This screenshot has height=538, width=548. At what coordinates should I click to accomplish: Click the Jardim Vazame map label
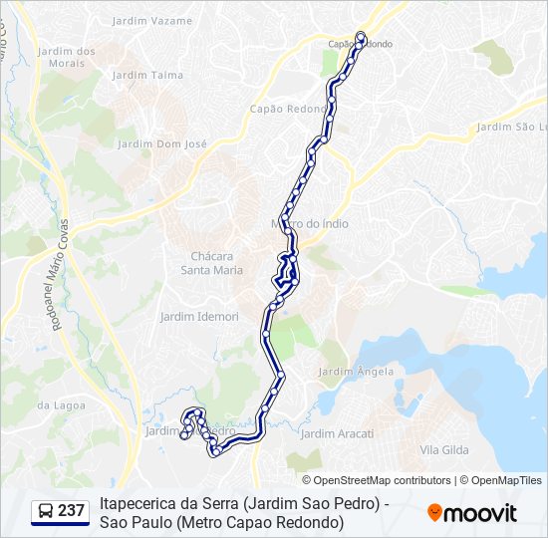pos(153,20)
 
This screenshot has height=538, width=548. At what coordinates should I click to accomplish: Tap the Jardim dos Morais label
pos(66,57)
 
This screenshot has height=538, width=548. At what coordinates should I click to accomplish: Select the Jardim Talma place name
pos(153,75)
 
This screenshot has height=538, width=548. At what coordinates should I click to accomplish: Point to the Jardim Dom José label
pos(162,143)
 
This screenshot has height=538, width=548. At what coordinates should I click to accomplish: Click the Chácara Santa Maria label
pos(210,262)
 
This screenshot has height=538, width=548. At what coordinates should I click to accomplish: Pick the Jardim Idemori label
pos(199,316)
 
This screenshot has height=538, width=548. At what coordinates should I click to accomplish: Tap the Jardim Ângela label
pos(356,372)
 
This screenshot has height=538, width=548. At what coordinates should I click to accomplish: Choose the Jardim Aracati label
pos(337,433)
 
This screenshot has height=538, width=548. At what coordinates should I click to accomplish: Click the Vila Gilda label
pos(443,450)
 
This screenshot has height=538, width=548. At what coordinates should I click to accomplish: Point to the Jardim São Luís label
pos(511,127)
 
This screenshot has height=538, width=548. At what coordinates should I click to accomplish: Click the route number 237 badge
pos(71,511)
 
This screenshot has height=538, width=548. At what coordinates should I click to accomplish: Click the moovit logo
pos(471,513)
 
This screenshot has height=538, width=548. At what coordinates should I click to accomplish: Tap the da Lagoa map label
pos(57,404)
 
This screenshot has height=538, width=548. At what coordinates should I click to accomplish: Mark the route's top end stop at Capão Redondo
pos(361,38)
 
